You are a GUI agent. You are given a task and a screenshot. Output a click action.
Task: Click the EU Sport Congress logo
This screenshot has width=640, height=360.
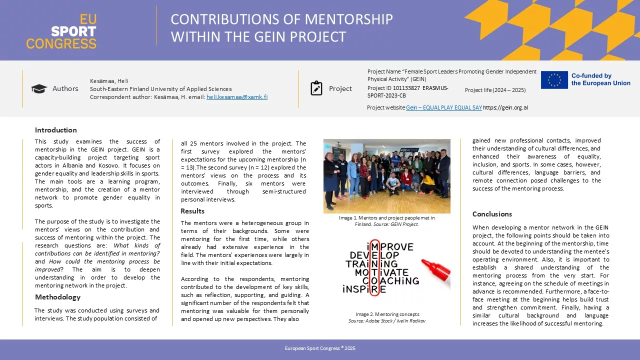tap(61, 31)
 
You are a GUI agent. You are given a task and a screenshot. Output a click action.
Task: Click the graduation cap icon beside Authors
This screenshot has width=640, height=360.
tap(39, 89)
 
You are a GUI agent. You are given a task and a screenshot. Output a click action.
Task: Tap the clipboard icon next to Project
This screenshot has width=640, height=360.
tap(316, 88)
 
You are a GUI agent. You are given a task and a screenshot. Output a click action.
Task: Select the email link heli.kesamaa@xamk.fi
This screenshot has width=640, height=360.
tap(237, 97)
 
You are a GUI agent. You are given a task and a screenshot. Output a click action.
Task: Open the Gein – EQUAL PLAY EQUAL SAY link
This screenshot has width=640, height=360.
tap(444, 107)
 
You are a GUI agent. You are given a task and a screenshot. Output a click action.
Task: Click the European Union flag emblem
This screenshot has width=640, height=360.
tap(554, 80)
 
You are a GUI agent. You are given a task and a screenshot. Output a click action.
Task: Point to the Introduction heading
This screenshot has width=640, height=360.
tap(56, 130)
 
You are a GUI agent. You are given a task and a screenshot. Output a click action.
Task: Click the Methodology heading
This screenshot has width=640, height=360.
tap(57, 297)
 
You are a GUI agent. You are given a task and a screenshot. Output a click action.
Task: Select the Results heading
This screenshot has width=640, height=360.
tap(192, 211)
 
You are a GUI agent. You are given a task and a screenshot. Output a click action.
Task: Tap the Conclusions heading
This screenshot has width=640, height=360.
tap(492, 214)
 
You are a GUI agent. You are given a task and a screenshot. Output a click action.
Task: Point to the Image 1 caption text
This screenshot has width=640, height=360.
tap(386, 221)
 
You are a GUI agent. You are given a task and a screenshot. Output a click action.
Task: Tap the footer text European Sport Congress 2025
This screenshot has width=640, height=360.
tap(320, 348)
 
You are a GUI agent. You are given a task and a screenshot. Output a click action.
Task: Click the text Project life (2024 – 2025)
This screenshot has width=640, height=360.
tap(495, 90)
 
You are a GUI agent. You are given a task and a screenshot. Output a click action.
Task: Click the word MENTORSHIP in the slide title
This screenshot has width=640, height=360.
tap(348, 20)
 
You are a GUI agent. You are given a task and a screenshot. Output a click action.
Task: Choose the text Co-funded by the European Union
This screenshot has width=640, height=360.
tap(600, 79)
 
